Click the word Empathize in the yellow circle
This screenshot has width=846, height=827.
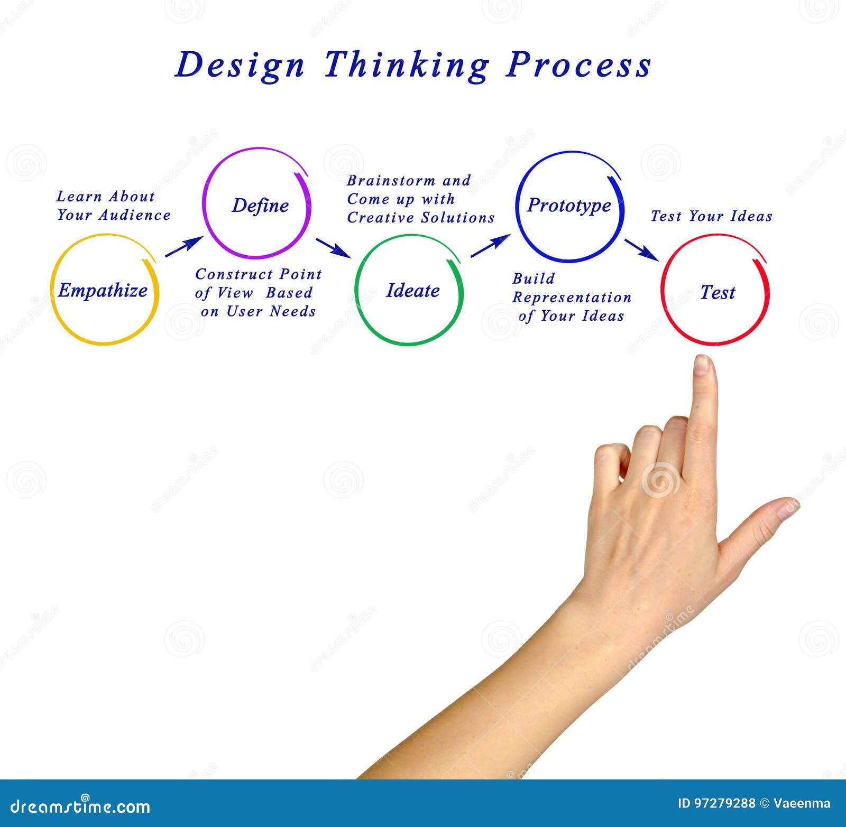pos(103,290)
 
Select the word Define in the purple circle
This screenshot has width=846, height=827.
pos(260,206)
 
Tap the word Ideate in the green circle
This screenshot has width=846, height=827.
pos(412,291)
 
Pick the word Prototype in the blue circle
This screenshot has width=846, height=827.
pos(569,205)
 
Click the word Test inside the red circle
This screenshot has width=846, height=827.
pos(718,292)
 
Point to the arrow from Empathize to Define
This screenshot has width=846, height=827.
pos(183,247)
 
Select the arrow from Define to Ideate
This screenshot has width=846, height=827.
pos(333,248)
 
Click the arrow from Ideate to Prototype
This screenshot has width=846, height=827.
pos(490,246)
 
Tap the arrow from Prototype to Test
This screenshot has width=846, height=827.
pos(641,249)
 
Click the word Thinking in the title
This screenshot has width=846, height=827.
pos(406,65)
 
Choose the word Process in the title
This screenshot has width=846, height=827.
pos(578,65)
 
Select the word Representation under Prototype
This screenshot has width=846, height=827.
pos(572,298)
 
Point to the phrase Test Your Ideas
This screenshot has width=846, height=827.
pos(711,216)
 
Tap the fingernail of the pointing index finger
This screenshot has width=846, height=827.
pos(702,365)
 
